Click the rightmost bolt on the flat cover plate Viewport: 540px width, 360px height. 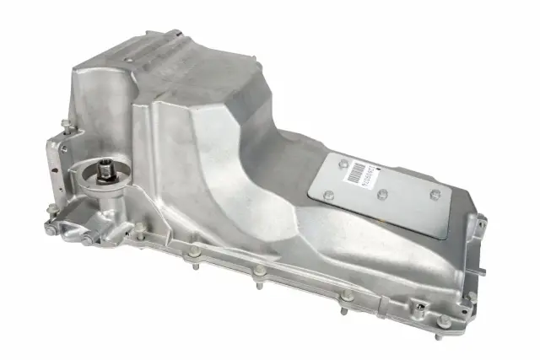click(x=435, y=196)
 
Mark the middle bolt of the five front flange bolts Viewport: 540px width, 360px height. click(x=260, y=271)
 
